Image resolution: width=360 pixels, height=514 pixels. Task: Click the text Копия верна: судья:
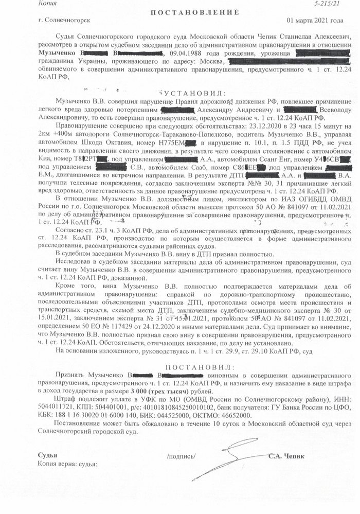tap(67, 464)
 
